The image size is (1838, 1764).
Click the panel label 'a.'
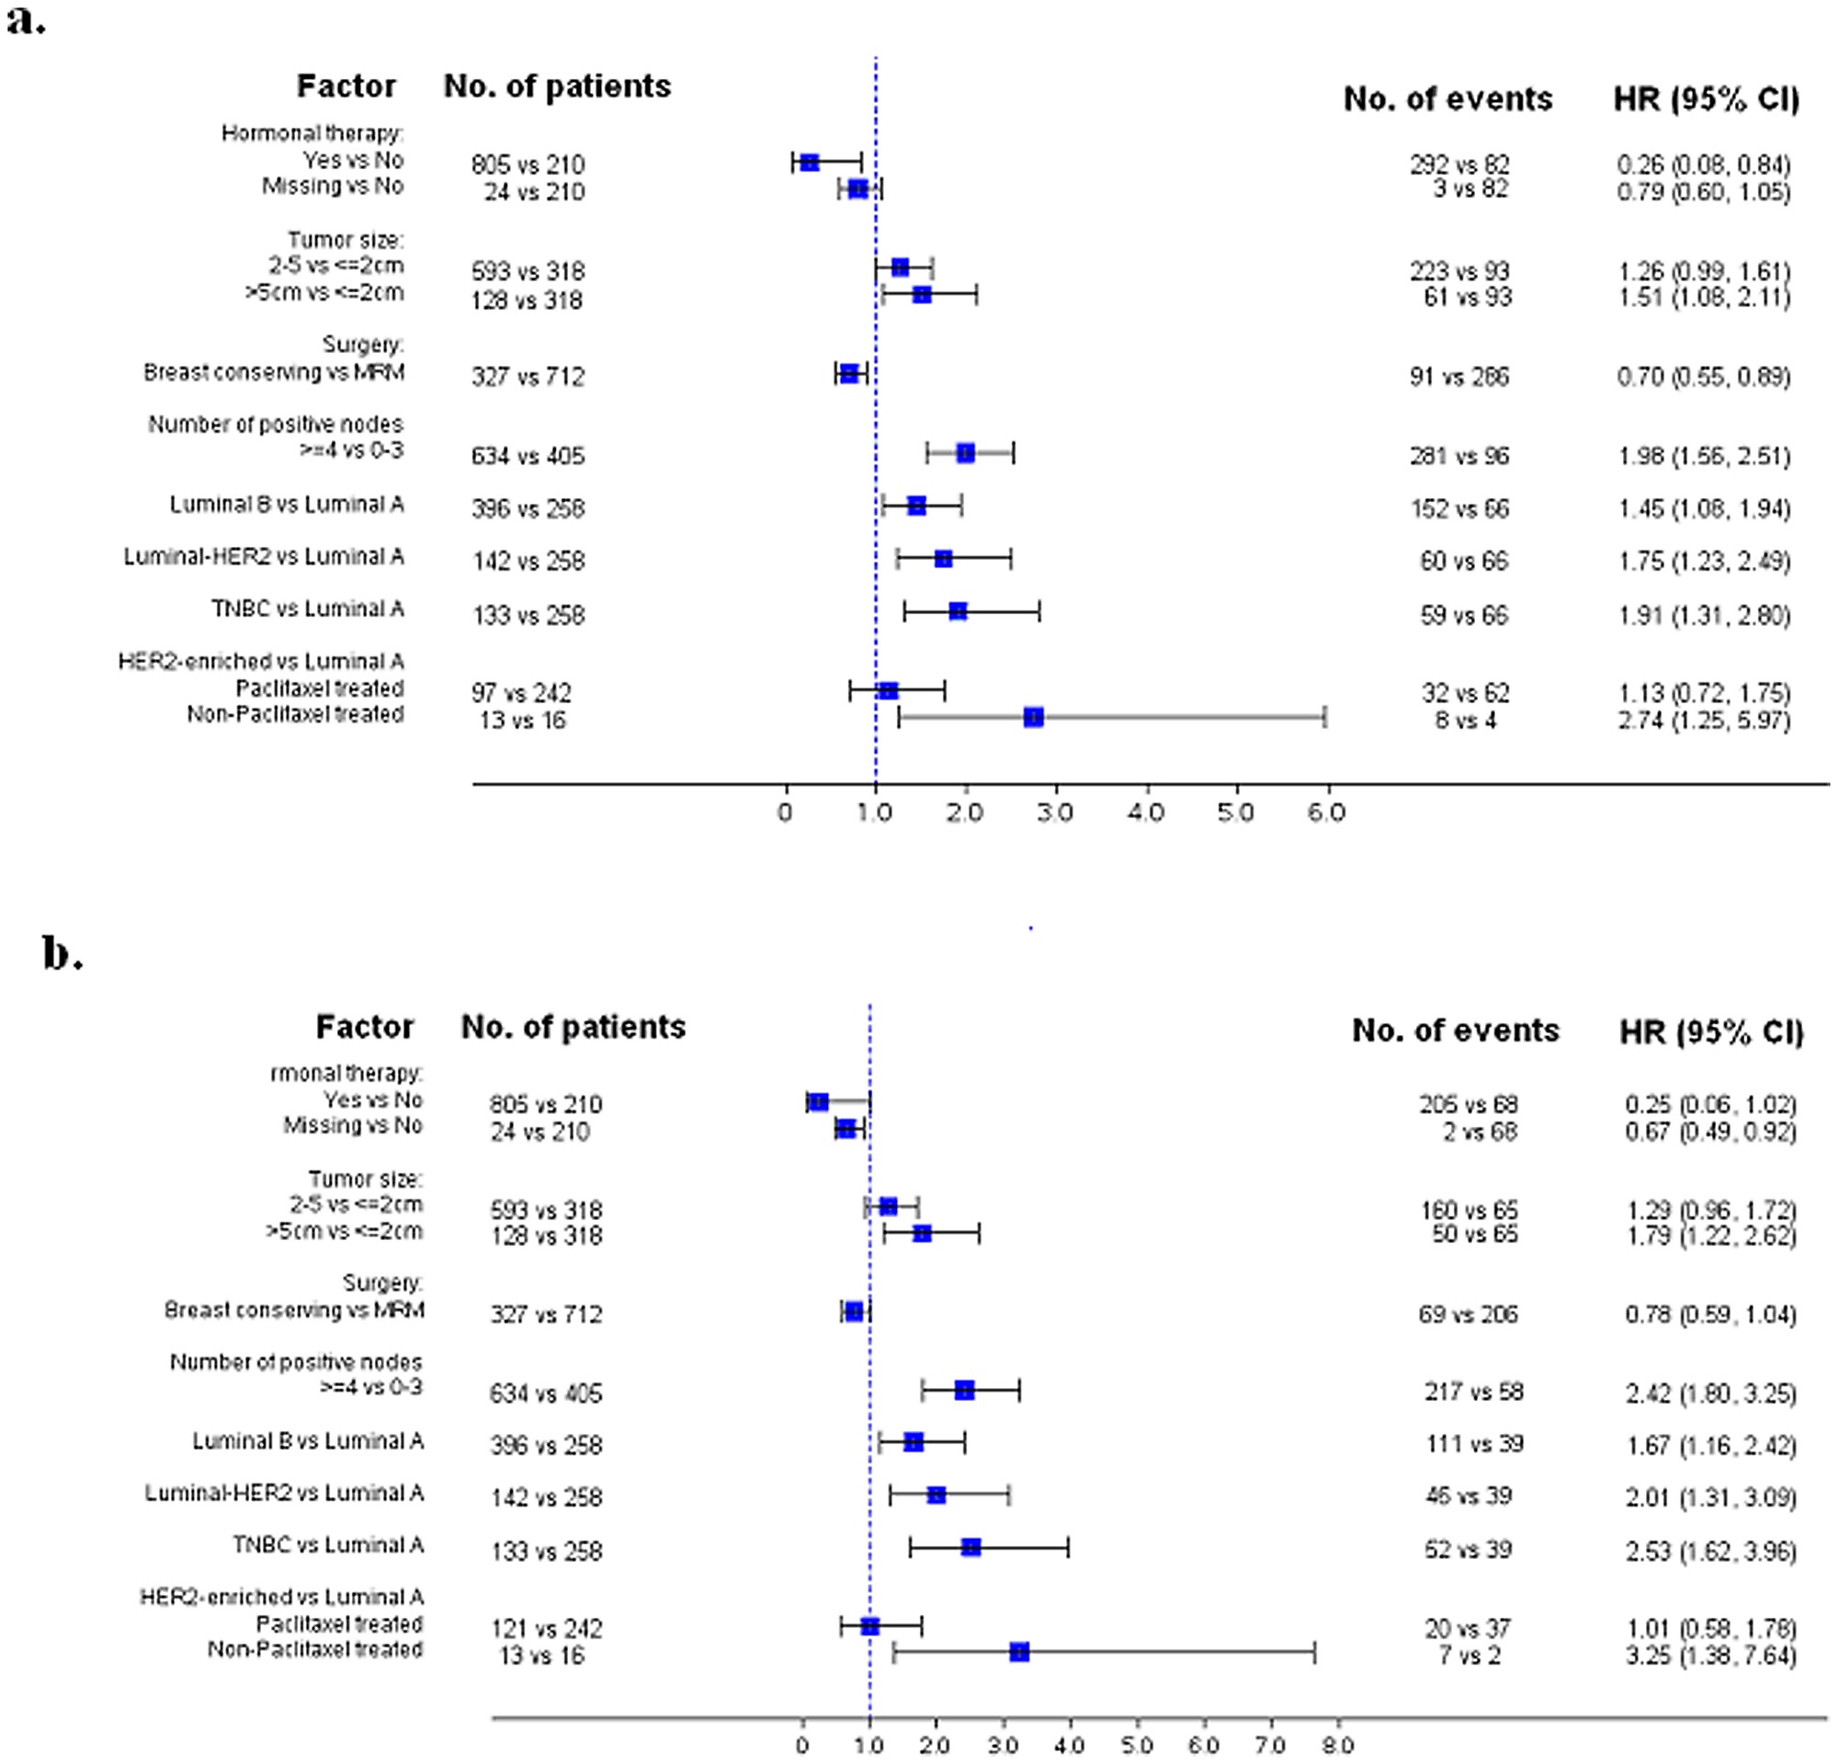(26, 19)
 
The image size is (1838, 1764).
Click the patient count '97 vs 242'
(521, 693)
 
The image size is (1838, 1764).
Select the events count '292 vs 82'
(1459, 165)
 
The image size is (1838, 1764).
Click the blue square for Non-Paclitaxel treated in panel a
(1033, 717)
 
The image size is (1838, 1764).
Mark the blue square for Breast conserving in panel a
(848, 373)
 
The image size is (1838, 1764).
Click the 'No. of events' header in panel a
(1447, 98)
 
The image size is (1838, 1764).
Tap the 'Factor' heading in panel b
(365, 1027)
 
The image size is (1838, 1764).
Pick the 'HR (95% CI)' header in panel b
(1711, 1031)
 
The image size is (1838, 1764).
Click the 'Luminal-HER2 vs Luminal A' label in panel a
(264, 557)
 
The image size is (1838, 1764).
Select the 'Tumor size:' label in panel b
(366, 1178)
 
